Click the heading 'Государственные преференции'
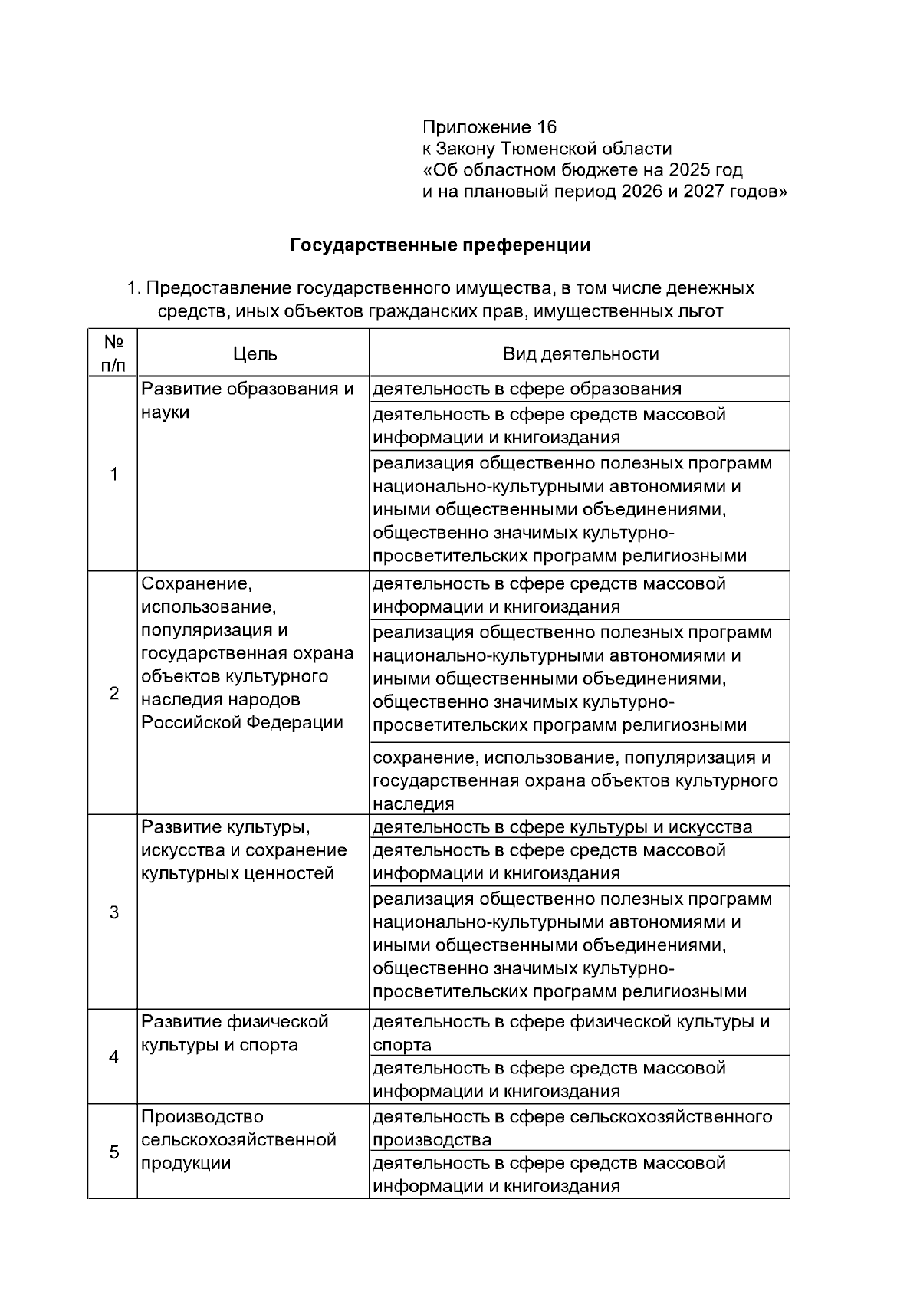(x=440, y=245)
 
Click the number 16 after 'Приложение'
(x=547, y=126)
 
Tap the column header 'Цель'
(x=255, y=353)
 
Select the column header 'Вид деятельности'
(x=580, y=353)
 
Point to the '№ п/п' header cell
(x=113, y=353)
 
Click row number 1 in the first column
(x=113, y=475)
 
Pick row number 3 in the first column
(x=113, y=912)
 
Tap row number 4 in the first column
(x=113, y=1057)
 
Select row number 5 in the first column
(x=113, y=1152)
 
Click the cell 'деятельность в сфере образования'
(x=527, y=389)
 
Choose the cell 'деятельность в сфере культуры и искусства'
(x=562, y=827)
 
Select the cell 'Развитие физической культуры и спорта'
(x=235, y=1033)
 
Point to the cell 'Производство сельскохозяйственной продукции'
(x=238, y=1140)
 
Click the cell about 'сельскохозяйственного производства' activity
(x=572, y=1128)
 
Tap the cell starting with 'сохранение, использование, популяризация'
(x=575, y=780)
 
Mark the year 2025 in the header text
(x=689, y=169)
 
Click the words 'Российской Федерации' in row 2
(x=242, y=723)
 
